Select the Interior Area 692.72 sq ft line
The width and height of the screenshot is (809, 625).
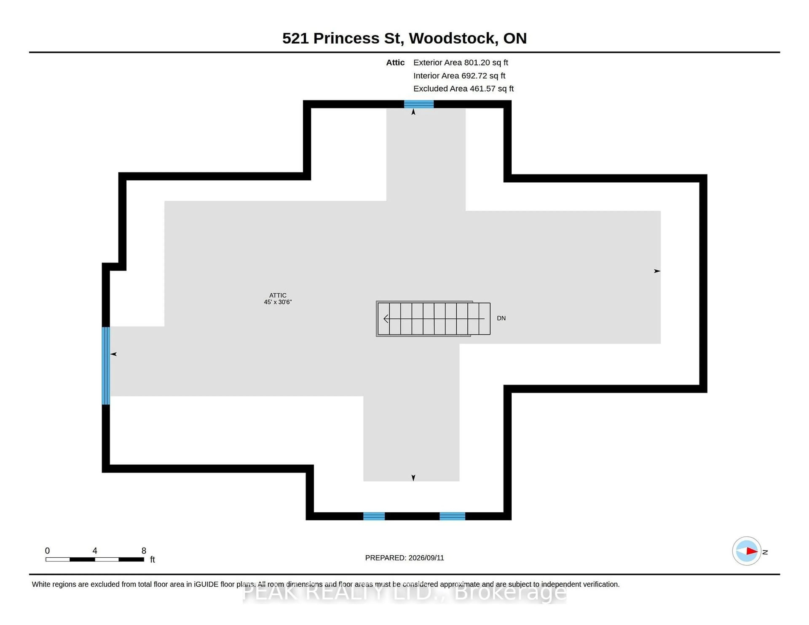(x=459, y=76)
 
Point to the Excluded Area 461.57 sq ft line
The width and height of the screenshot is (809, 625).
(x=463, y=88)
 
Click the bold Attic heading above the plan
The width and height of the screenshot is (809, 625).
(x=395, y=63)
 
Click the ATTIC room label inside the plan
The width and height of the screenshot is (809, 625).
(x=278, y=295)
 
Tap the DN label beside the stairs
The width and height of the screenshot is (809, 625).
(x=501, y=318)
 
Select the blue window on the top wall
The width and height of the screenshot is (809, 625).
(x=419, y=104)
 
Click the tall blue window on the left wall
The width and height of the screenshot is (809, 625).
(x=106, y=365)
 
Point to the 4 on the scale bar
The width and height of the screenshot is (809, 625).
(x=95, y=551)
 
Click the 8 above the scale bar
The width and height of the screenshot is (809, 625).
(x=144, y=551)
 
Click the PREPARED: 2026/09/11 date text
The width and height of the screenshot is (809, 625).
(x=404, y=558)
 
